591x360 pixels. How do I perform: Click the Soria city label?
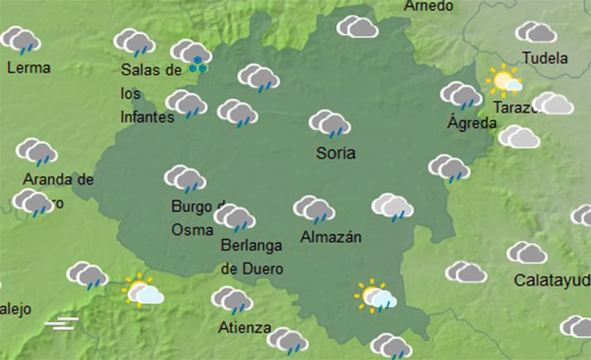335,153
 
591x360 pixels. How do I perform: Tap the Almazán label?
331,238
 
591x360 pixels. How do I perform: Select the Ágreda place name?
472,123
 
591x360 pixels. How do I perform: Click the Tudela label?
545,59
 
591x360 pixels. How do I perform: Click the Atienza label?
244,327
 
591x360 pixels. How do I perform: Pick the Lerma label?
28,68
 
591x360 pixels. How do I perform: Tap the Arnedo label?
429,6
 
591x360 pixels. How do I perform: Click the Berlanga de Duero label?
252,257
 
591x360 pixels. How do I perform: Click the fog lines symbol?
61,321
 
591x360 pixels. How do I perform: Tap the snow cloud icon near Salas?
192,56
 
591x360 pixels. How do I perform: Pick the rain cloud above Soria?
329,124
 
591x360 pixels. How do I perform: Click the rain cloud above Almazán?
314,209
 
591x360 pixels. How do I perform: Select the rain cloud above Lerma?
21,40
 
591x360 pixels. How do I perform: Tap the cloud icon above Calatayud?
527,252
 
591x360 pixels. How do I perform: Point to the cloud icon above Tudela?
536,32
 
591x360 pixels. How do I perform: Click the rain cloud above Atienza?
232,300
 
